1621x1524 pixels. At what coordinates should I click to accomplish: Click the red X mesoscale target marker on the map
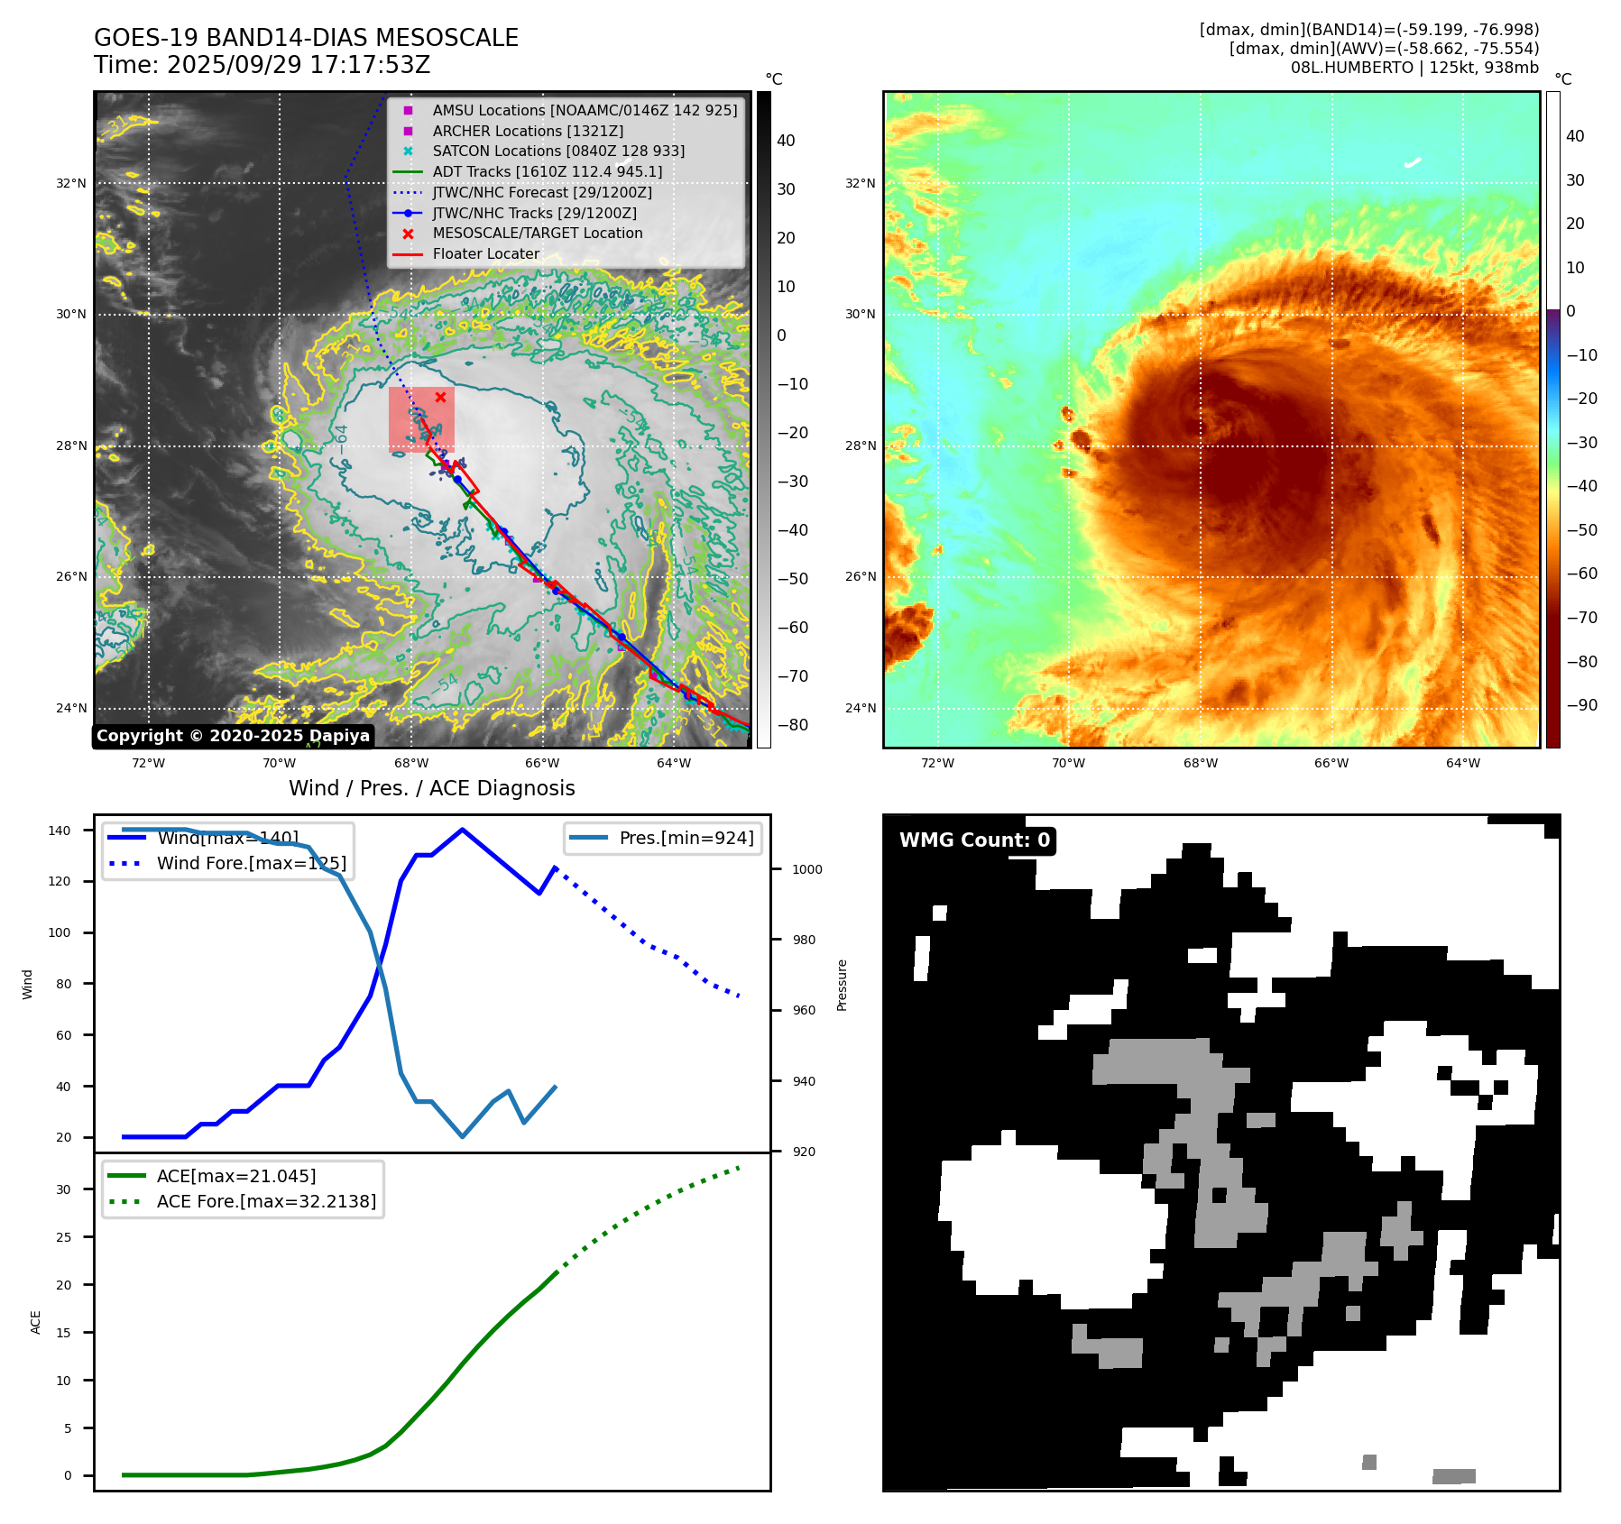point(440,397)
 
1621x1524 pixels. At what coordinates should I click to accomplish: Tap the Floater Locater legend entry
point(485,253)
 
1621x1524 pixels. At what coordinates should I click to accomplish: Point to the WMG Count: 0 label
point(974,840)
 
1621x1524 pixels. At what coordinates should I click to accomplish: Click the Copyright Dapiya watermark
point(233,736)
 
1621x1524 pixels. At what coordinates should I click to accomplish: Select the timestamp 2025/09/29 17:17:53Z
point(298,65)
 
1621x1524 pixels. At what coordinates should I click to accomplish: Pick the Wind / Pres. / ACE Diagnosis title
point(431,788)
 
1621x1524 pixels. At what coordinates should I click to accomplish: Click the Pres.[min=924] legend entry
point(686,838)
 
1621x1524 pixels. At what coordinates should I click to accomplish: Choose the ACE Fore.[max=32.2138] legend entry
point(266,1201)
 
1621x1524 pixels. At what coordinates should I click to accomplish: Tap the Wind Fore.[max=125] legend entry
point(251,863)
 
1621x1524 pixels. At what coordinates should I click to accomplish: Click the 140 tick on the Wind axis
point(60,831)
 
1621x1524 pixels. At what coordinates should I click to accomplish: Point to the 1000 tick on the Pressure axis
point(806,869)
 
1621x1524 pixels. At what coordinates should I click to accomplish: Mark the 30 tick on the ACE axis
point(63,1189)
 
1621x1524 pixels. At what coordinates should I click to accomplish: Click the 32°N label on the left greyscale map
point(71,183)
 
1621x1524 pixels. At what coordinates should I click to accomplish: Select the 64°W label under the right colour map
point(1462,763)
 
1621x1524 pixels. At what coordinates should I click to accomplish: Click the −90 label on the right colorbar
point(1581,705)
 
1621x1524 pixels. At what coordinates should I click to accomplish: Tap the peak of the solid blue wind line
point(462,830)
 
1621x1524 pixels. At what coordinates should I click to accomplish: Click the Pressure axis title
point(842,985)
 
